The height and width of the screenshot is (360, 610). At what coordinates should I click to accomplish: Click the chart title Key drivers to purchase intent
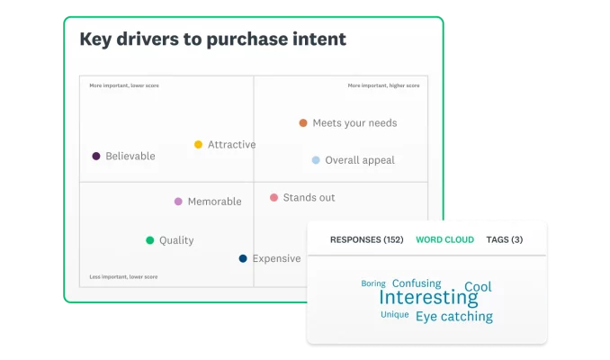(x=212, y=40)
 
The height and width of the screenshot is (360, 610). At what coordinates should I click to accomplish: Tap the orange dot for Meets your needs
(x=303, y=123)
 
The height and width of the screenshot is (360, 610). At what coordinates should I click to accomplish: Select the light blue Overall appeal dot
(x=316, y=160)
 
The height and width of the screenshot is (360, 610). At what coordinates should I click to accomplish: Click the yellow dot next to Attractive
(x=199, y=145)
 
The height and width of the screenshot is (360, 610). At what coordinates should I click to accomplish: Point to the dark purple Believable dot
(x=96, y=157)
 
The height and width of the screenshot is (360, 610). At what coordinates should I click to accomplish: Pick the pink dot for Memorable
(x=178, y=202)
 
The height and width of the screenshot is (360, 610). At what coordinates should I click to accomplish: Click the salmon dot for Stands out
(x=274, y=197)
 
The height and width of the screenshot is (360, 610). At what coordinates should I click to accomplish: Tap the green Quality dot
(x=150, y=240)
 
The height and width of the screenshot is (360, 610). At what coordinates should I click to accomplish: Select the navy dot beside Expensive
(x=243, y=258)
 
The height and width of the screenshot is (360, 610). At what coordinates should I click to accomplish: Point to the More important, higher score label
(x=383, y=85)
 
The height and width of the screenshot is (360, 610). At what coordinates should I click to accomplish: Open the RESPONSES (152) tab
(x=366, y=240)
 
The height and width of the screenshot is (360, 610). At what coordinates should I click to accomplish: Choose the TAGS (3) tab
(x=504, y=240)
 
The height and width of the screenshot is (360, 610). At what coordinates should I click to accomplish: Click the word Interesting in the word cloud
(x=428, y=298)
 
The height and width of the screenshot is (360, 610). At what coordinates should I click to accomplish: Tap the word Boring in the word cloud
(x=373, y=283)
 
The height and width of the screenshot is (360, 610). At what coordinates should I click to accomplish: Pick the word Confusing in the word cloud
(x=417, y=283)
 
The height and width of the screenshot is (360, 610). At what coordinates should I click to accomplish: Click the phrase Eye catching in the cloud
(x=453, y=317)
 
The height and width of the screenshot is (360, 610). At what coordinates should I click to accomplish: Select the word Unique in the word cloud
(x=394, y=315)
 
